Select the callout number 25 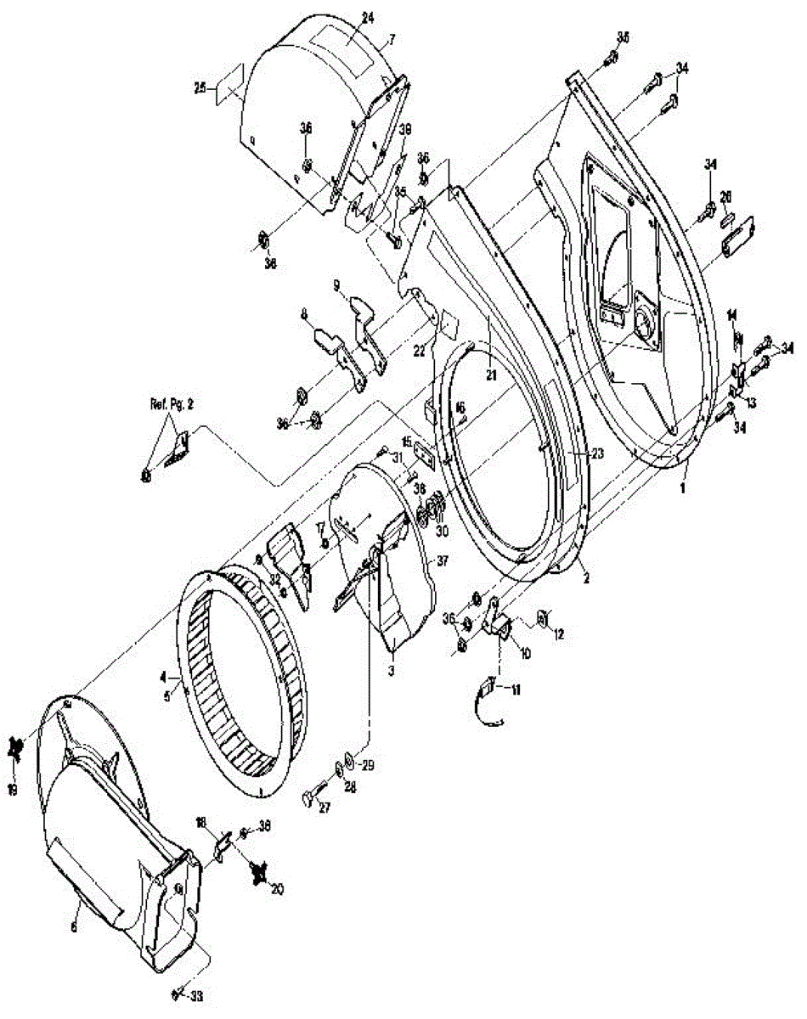click(200, 87)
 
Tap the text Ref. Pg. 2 click(167, 405)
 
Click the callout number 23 click(597, 454)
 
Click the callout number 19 click(13, 789)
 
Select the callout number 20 click(277, 889)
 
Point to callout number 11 click(516, 690)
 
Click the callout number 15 click(406, 442)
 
